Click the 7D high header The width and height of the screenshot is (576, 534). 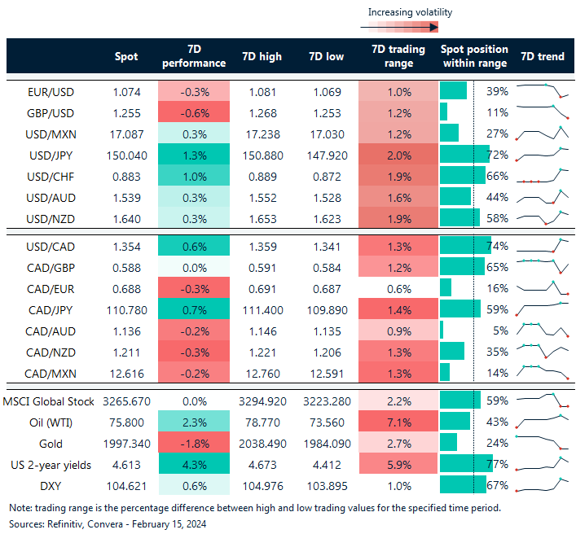(262, 57)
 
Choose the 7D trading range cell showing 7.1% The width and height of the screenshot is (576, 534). (398, 422)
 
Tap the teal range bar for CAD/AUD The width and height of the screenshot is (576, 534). (442, 330)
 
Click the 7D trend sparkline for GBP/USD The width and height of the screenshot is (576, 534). (541, 112)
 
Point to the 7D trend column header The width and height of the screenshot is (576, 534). (541, 57)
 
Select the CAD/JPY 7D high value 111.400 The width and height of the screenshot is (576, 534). (262, 309)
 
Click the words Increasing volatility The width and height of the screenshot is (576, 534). (410, 12)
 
